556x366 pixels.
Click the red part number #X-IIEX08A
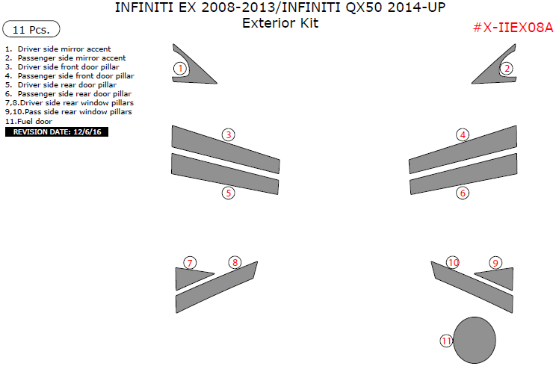pyautogui.click(x=513, y=28)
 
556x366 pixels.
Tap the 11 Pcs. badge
pyautogui.click(x=31, y=29)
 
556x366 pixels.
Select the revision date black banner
pyautogui.click(x=57, y=131)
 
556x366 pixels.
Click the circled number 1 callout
pyautogui.click(x=180, y=68)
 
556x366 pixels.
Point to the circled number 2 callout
pyautogui.click(x=507, y=69)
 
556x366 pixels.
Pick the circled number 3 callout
pyautogui.click(x=229, y=134)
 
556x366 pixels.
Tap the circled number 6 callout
pyautogui.click(x=463, y=193)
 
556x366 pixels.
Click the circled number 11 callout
pyautogui.click(x=446, y=341)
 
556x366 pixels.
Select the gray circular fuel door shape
pyautogui.click(x=475, y=340)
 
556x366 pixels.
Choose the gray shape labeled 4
pyautogui.click(x=463, y=149)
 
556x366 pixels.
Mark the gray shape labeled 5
pyautogui.click(x=225, y=173)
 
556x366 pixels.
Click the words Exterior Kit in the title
pyautogui.click(x=280, y=23)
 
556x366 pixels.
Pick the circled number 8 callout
pyautogui.click(x=235, y=262)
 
